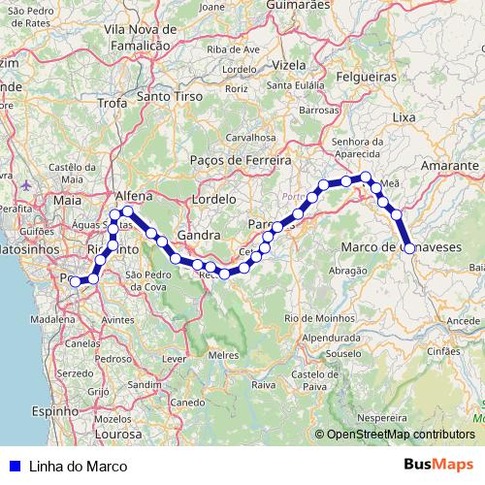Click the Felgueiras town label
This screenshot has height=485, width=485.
click(x=368, y=75)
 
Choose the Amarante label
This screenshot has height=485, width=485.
click(x=450, y=167)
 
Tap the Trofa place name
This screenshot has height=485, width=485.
click(x=113, y=102)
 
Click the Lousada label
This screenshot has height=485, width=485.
click(x=295, y=197)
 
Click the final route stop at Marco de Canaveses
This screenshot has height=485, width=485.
click(x=409, y=248)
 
